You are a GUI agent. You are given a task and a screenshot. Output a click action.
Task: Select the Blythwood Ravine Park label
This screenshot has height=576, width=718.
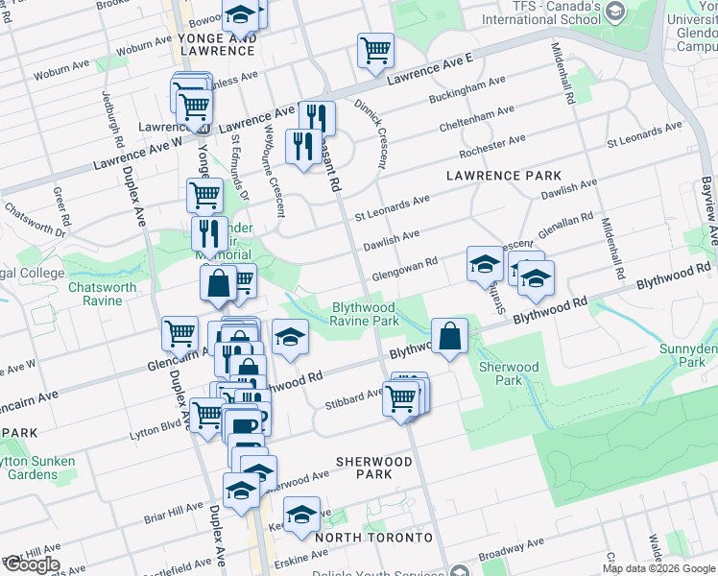click(365, 315)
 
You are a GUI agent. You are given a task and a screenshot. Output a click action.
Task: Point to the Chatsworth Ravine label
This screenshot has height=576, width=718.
click(95, 294)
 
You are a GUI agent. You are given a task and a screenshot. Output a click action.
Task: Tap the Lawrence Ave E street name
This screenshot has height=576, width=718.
click(430, 71)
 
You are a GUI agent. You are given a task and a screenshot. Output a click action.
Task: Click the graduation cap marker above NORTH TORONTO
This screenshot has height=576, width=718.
click(301, 515)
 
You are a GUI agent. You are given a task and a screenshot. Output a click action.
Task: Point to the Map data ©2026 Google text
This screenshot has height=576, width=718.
click(659, 568)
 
